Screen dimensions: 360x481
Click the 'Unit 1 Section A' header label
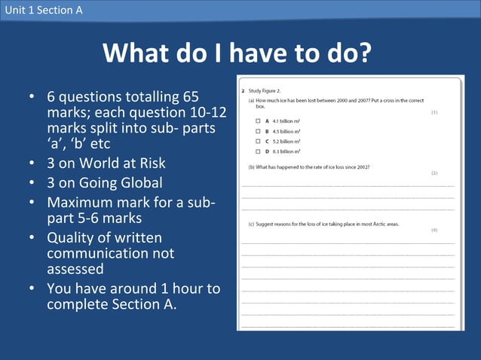[43, 10]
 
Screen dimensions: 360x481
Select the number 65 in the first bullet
[190, 97]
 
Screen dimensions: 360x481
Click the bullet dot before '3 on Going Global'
[32, 182]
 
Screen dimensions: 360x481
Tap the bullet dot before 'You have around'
[32, 288]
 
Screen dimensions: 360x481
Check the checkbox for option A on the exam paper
[257, 121]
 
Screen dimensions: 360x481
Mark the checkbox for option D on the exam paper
[257, 151]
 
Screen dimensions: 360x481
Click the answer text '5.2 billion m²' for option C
[286, 141]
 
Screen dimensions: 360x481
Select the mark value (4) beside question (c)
[434, 230]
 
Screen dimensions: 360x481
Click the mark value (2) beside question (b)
[434, 172]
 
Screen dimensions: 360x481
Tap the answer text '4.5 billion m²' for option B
[286, 131]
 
